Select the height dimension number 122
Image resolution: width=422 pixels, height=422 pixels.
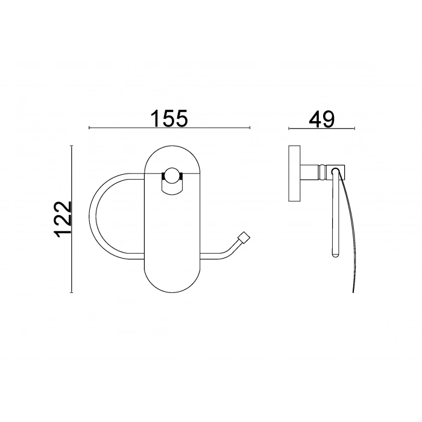[x=63, y=219]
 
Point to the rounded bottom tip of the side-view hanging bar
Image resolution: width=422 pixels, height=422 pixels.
[x=334, y=256]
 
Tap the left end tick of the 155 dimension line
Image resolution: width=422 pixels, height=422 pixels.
[x=89, y=128]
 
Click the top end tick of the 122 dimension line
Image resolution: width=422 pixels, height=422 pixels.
[x=72, y=145]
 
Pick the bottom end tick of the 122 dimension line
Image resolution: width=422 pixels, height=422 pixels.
[x=72, y=292]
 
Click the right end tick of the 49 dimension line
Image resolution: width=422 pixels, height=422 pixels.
[x=354, y=129]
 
